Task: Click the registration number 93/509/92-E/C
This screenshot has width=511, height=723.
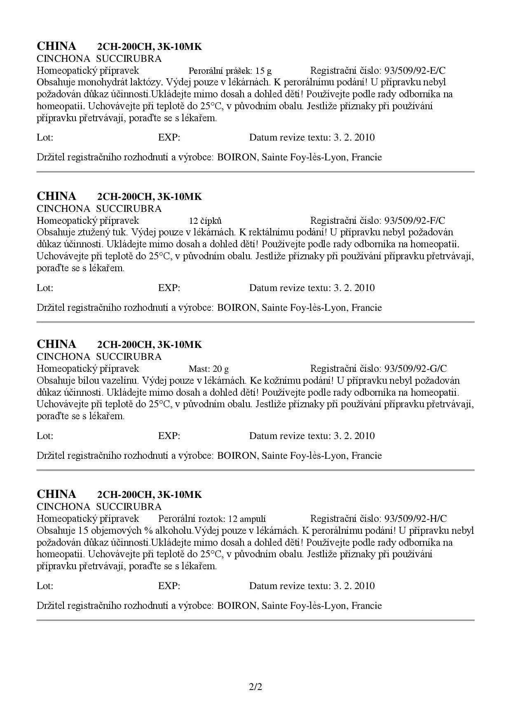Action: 415,70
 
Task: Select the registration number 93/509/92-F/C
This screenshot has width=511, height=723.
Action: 415,221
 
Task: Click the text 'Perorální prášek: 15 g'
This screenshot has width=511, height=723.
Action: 230,70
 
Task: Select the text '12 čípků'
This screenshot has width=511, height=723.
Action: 205,221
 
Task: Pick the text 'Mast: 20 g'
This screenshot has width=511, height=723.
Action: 209,369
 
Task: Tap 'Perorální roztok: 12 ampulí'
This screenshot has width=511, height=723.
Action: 212,519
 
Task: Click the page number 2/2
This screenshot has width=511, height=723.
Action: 255,687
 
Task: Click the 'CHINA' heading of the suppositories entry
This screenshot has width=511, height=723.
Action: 56,196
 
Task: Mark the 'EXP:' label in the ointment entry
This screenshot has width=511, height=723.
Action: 169,436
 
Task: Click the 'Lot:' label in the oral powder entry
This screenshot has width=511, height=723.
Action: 45,138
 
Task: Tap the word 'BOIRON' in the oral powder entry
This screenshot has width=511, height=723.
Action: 237,157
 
